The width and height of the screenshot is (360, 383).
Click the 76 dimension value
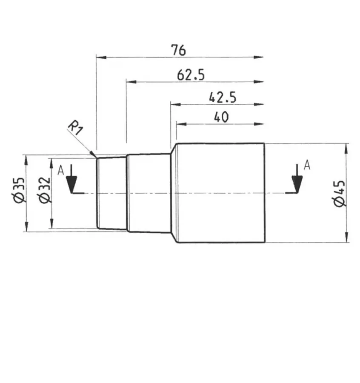tap(179, 50)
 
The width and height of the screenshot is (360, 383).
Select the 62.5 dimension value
tap(191, 75)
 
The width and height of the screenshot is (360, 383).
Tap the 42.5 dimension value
tap(222, 97)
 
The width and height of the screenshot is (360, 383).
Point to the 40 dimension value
tap(221, 117)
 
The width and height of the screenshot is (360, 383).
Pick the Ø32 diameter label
tap(44, 190)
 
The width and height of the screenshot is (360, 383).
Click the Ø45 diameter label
tap(340, 194)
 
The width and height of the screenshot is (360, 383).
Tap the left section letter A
tap(61, 171)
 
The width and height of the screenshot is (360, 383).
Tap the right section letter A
tap(307, 165)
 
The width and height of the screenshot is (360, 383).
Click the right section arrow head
tap(297, 184)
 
